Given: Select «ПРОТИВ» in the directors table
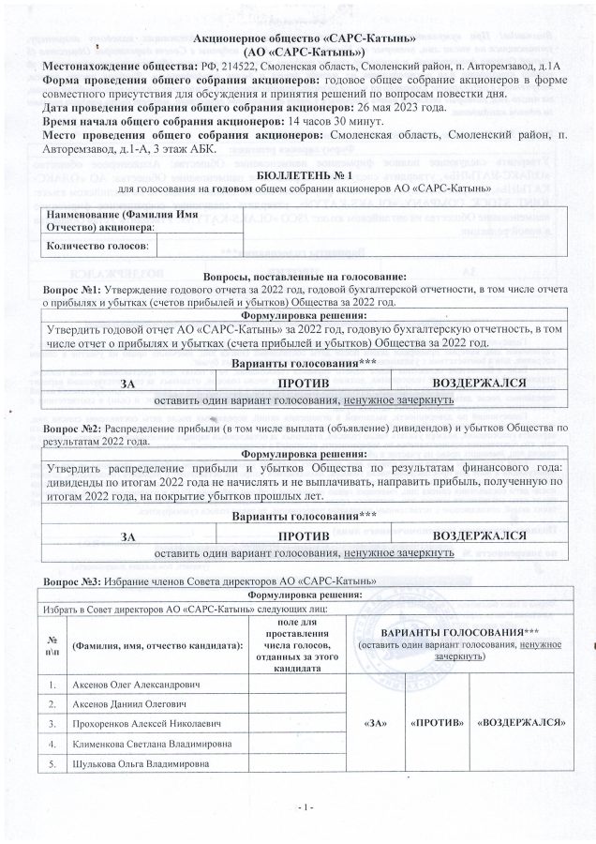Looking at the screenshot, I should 437,723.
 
